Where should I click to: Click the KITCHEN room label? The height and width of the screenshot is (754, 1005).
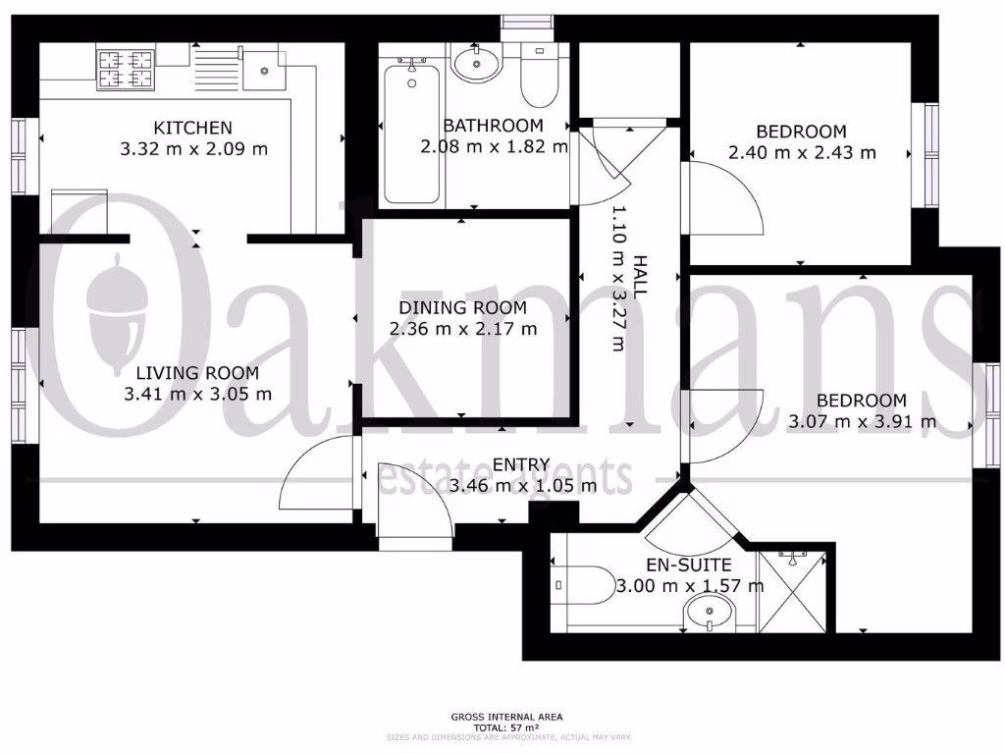click(192, 128)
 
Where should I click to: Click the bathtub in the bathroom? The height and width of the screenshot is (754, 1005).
click(410, 132)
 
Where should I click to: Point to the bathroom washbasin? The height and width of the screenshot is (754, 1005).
click(476, 66)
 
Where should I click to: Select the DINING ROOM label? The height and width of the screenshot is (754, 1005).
click(463, 307)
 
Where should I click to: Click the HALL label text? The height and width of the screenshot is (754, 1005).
click(640, 277)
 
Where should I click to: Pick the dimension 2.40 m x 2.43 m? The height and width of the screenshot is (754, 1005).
click(802, 153)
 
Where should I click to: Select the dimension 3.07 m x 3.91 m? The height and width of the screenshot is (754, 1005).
click(862, 422)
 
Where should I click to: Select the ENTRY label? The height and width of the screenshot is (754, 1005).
click(521, 464)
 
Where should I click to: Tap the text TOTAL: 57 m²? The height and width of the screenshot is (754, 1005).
click(507, 727)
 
